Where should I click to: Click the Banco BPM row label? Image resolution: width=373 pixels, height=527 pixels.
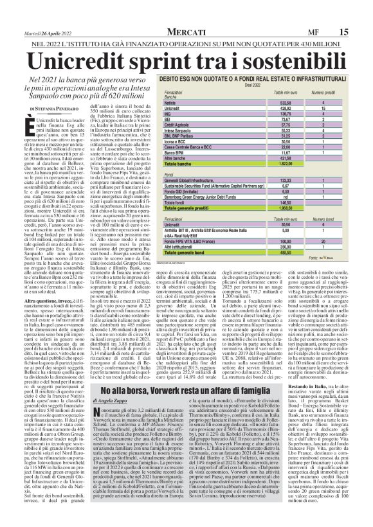[x=174, y=136]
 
